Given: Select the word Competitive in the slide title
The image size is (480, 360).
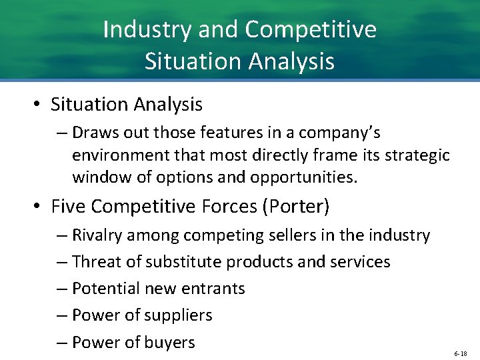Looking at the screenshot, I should point(311,30).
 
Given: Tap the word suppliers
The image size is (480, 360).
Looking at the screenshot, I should point(178,315).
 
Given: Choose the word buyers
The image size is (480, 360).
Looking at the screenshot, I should point(169,343).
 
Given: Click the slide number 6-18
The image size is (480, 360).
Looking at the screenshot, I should point(461,352).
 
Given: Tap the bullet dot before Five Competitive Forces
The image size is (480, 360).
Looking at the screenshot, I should point(38,207).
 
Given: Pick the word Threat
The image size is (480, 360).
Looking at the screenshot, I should point(98,262).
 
